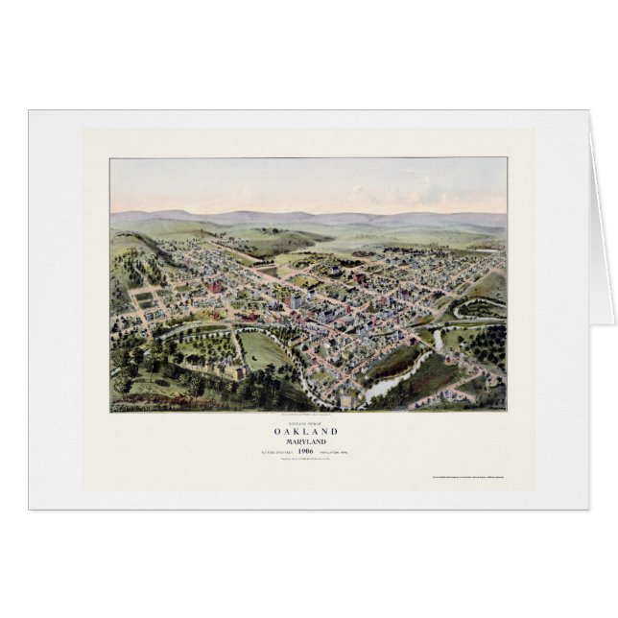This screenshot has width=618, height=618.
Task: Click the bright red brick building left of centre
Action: pos(216,288)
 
